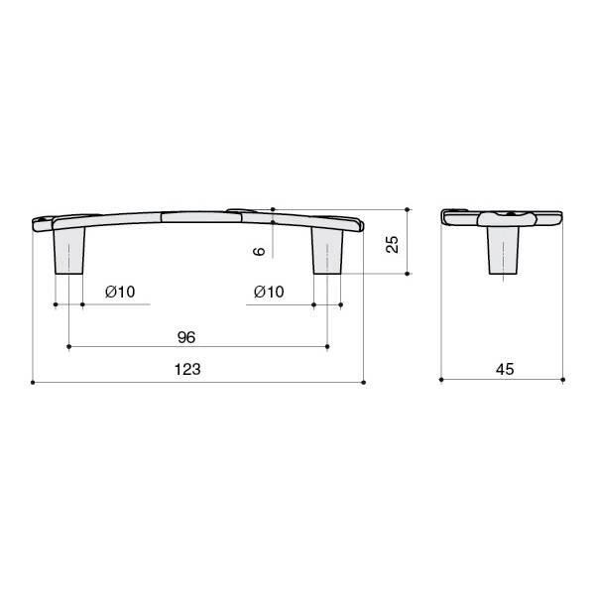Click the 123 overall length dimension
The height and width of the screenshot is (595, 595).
(x=187, y=369)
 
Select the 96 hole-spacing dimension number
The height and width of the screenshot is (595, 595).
(x=186, y=337)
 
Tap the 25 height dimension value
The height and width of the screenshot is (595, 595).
(x=392, y=244)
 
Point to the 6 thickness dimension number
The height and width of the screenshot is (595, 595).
(x=259, y=251)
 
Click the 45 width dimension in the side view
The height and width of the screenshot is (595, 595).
(x=505, y=369)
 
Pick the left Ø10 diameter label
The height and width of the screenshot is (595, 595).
(x=120, y=292)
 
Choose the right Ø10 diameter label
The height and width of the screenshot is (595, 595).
(x=269, y=292)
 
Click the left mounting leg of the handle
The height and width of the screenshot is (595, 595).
(x=69, y=251)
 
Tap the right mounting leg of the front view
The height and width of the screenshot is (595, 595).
(x=327, y=251)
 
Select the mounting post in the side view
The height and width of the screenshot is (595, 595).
(x=503, y=251)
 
